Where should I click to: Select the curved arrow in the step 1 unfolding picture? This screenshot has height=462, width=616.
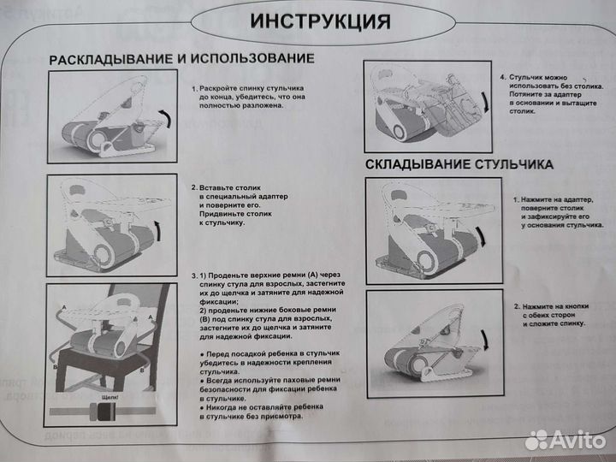click(x=165, y=117)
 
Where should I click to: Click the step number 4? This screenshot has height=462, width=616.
click(x=502, y=76)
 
